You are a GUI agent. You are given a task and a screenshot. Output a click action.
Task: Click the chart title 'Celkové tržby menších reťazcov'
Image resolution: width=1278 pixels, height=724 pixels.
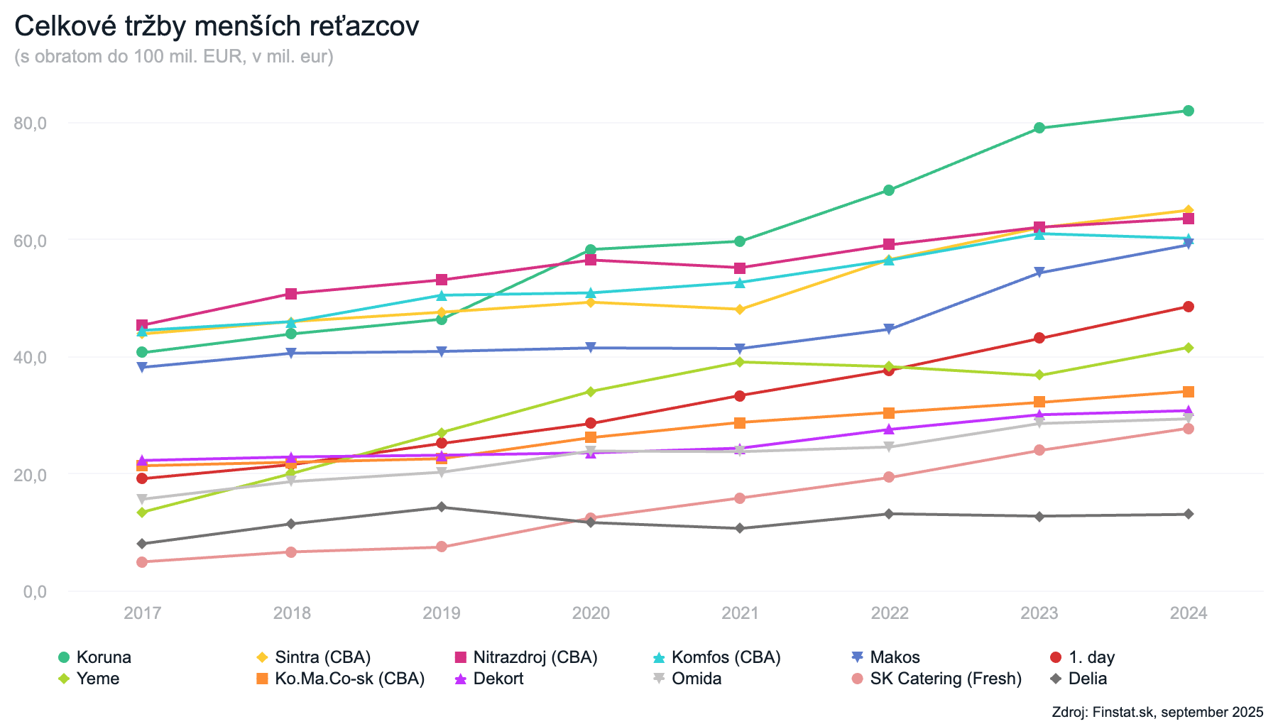click(217, 27)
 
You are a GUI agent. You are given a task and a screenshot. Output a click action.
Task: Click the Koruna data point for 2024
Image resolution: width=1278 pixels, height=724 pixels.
click(1188, 111)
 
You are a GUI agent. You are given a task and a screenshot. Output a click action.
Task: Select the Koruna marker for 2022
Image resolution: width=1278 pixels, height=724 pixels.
click(889, 190)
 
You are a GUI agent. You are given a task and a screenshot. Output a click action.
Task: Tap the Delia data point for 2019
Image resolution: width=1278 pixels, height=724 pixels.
click(442, 507)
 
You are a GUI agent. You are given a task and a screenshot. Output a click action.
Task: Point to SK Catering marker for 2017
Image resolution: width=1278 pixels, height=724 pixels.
click(142, 562)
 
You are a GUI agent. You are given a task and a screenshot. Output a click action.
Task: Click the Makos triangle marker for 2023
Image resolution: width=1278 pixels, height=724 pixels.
click(1039, 273)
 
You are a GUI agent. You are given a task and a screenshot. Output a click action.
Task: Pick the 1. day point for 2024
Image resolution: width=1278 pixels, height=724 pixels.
click(1188, 307)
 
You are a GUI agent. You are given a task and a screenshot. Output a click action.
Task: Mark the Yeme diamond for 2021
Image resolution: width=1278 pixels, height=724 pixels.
click(740, 362)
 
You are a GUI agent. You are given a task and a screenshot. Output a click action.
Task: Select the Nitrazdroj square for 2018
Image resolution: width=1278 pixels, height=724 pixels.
click(291, 294)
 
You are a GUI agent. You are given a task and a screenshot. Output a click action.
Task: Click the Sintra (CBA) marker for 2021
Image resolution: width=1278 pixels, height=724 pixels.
click(740, 309)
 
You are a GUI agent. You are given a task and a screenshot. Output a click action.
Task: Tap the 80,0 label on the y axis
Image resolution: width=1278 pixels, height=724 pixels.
click(30, 124)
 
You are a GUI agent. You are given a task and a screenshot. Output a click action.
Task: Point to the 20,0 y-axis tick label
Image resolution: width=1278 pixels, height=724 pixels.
click(30, 475)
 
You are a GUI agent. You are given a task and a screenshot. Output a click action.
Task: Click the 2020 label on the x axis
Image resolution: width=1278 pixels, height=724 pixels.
click(591, 613)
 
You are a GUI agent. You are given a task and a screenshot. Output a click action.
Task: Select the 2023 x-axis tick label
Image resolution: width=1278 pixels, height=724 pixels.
click(1039, 613)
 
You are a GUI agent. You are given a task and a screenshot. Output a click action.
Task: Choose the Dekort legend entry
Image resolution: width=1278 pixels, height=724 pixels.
click(498, 679)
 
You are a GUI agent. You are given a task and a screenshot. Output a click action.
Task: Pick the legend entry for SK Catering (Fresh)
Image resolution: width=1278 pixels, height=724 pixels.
click(945, 679)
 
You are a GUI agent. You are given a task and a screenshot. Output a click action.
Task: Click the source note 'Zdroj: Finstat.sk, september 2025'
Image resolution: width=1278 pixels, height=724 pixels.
click(1157, 712)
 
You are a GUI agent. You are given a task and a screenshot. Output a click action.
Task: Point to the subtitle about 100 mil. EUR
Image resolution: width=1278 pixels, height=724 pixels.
click(174, 56)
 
